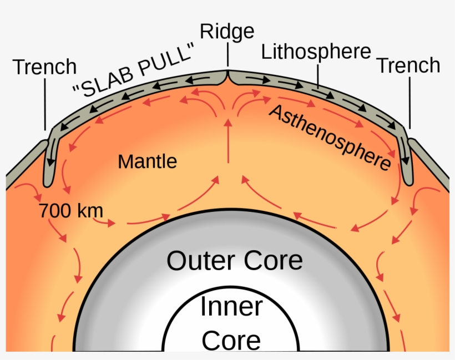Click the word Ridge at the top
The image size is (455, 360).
pyautogui.click(x=227, y=31)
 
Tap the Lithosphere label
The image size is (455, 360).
pyautogui.click(x=316, y=52)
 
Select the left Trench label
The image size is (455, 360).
pyautogui.click(x=44, y=67)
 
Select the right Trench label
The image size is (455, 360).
pyautogui.click(x=408, y=65)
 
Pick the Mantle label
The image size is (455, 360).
pyautogui.click(x=148, y=161)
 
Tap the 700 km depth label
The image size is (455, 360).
pyautogui.click(x=63, y=211)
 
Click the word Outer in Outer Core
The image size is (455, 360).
pyautogui.click(x=200, y=261)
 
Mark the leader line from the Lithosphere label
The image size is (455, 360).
pyautogui.click(x=318, y=75)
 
